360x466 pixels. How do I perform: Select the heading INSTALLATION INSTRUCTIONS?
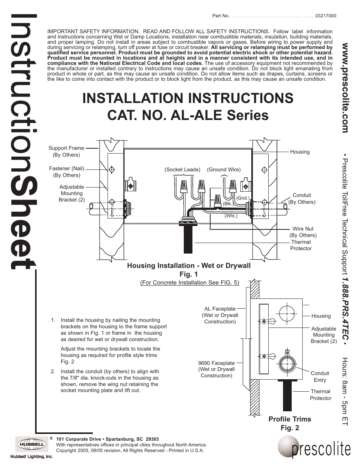coord(188,98)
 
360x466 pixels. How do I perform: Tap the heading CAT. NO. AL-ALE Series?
coord(188,115)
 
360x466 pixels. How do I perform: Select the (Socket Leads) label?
coord(182,169)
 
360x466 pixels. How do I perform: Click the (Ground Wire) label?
coord(223,169)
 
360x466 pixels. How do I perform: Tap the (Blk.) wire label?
coord(227,203)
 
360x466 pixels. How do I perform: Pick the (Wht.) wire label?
coord(231,216)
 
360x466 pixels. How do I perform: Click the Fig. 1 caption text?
coord(189,274)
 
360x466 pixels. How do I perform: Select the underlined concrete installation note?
coord(189,283)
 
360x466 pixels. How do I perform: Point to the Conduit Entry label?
coord(320,377)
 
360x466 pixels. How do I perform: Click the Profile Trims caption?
coord(289,419)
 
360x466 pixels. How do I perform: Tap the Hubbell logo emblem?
coord(31,444)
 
